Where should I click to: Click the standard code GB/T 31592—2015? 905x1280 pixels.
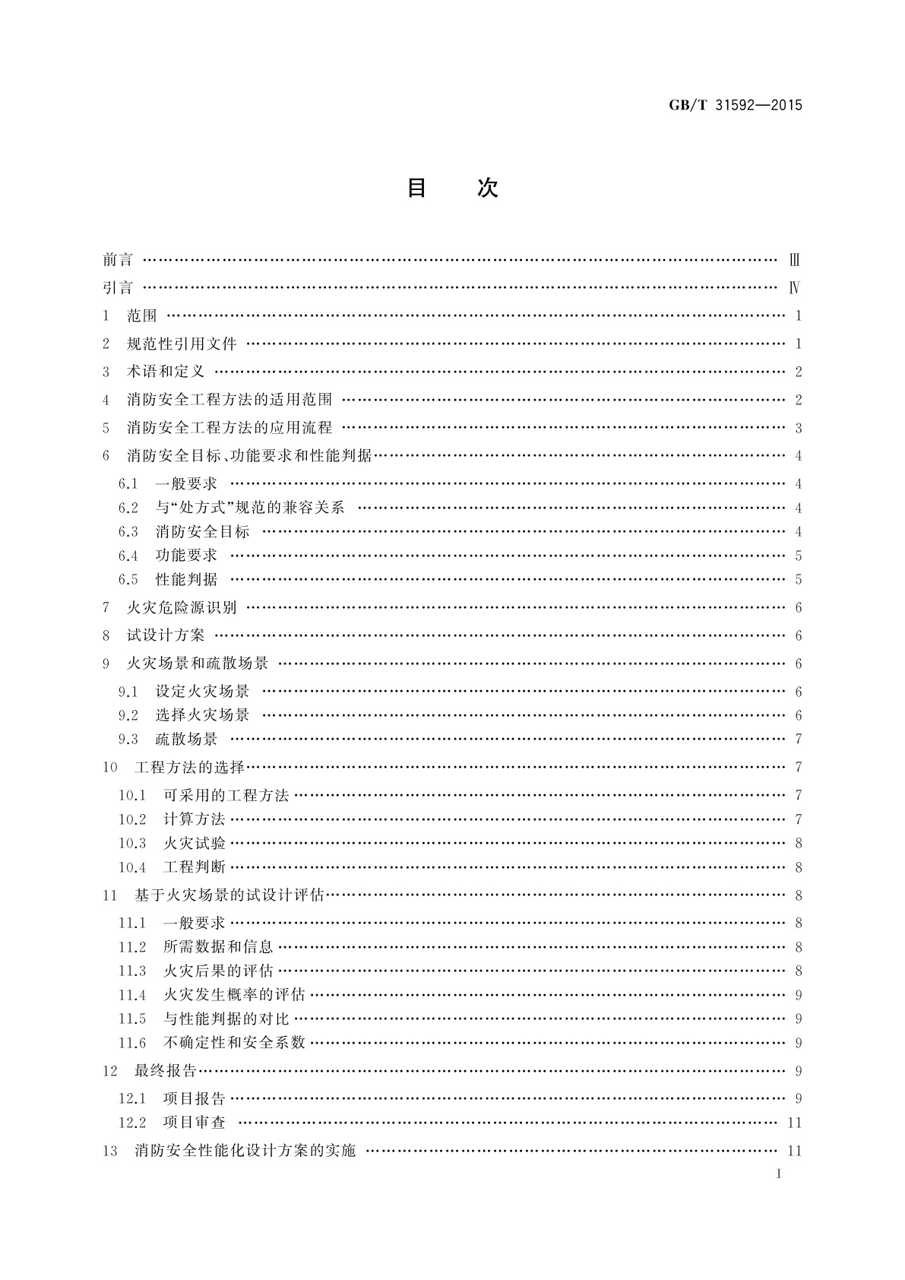point(735,106)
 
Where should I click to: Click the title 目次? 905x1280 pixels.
point(452,188)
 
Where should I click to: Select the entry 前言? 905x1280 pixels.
point(118,260)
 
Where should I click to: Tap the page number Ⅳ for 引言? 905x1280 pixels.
point(795,288)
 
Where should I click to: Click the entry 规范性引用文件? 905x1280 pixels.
point(182,344)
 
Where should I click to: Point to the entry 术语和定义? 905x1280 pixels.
point(166,372)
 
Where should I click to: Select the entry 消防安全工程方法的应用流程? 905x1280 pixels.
point(229,428)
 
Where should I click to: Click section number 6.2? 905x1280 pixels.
point(128,508)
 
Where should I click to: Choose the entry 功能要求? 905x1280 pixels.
point(186,556)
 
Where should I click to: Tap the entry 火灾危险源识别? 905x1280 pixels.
point(182,607)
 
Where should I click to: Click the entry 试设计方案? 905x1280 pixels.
point(166,635)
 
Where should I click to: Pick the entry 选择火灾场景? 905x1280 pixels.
point(202,715)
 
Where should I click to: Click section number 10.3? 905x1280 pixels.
point(132,843)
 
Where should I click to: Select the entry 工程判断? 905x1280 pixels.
point(195,867)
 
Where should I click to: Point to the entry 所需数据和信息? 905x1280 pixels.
point(218,947)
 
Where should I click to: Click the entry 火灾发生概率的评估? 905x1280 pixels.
point(234,995)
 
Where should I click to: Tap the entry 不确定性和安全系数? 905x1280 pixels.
point(234,1043)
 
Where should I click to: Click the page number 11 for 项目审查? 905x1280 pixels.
point(794,1123)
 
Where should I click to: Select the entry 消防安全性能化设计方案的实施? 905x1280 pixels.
point(245,1151)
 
